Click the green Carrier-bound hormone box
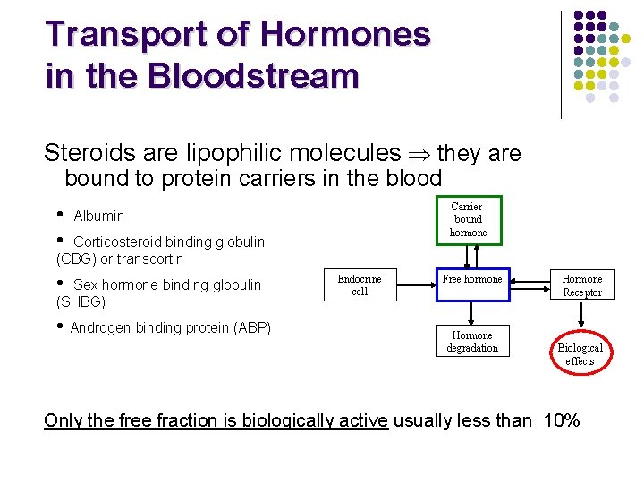[x=468, y=219]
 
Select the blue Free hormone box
[x=472, y=280]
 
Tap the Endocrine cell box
[x=360, y=285]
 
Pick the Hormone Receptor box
[x=582, y=285]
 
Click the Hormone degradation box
[x=472, y=342]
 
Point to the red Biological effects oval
[x=580, y=354]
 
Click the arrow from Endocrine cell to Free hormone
[x=412, y=285]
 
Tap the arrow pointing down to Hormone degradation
[x=472, y=312]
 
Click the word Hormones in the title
[x=344, y=34]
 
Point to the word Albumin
[x=99, y=216]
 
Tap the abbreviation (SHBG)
[x=80, y=302]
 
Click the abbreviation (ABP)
[x=250, y=327]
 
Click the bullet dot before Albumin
[x=59, y=214]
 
